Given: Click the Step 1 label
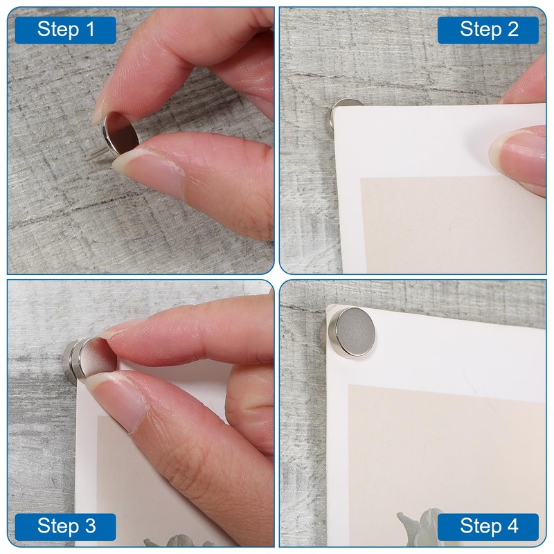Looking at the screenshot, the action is pos(65,30).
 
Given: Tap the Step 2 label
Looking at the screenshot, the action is pos(488,30).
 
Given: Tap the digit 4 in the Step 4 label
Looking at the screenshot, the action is pos(512,526).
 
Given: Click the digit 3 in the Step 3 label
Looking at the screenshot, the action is pos(90,526).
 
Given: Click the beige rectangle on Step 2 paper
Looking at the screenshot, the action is pos(452,224).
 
